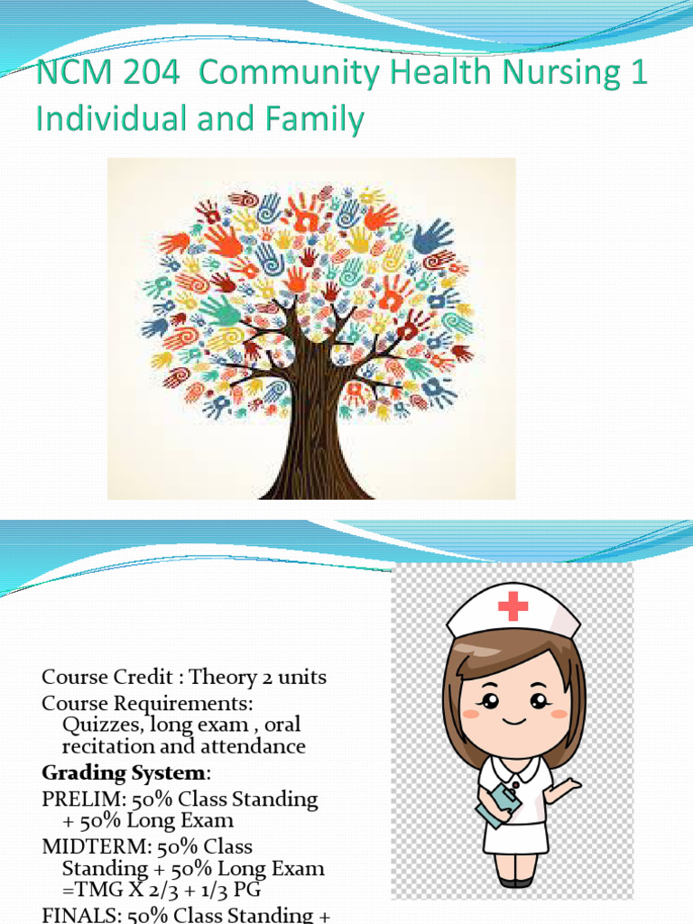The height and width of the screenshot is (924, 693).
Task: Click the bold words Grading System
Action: (125, 773)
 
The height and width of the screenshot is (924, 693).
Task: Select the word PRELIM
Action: (75, 799)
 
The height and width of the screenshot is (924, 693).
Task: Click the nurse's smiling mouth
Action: (513, 720)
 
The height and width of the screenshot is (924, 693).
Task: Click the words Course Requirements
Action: (148, 702)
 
